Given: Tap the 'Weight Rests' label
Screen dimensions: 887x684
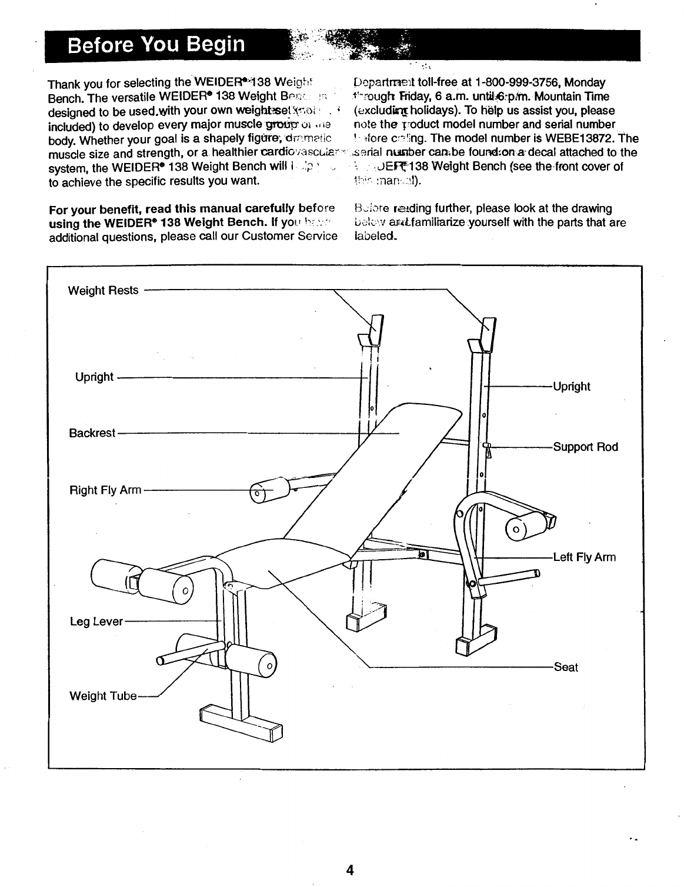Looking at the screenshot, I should (104, 290).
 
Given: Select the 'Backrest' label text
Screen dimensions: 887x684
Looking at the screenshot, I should (92, 433).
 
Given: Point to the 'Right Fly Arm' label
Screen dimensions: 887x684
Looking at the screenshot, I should (105, 490).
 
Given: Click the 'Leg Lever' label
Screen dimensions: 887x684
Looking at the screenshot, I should (96, 622).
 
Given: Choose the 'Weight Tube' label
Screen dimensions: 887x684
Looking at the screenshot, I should (103, 696).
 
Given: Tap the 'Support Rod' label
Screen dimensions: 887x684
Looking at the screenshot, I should (585, 447).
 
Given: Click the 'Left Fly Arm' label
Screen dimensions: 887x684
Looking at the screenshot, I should (584, 557).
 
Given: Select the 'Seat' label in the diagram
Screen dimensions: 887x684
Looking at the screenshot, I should (565, 667).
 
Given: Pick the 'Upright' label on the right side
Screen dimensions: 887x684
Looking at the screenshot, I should (571, 387).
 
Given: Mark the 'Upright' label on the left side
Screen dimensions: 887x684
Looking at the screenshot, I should (94, 377).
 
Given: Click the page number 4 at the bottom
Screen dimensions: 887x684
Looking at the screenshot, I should (349, 869).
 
